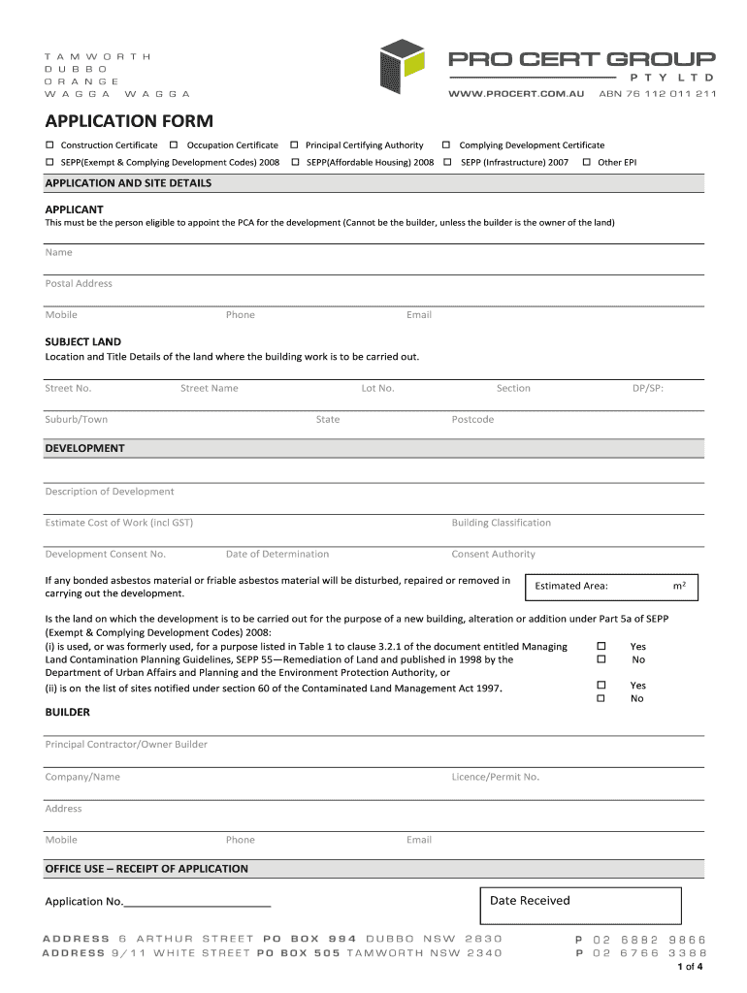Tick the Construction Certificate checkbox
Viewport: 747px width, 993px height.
(49, 145)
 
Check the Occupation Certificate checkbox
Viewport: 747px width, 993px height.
(174, 145)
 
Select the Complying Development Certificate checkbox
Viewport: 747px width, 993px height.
(447, 145)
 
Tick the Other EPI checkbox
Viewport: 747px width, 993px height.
(586, 162)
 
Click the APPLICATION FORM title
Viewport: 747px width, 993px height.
(129, 121)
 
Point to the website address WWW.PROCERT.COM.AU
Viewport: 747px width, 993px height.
(516, 94)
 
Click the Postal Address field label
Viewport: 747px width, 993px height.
(79, 284)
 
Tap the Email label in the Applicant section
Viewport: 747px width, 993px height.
(419, 315)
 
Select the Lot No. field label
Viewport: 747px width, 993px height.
(377, 389)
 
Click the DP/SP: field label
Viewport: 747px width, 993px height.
(648, 389)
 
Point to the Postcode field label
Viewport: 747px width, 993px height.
(472, 420)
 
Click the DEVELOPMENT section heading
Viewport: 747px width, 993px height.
(85, 449)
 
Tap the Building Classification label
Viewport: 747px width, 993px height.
(501, 523)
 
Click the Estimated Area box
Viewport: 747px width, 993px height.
(611, 586)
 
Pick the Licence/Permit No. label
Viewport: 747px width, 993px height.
(495, 777)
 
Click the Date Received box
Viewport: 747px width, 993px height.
(580, 905)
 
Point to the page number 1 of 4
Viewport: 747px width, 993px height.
(689, 967)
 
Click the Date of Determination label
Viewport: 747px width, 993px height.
(277, 555)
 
